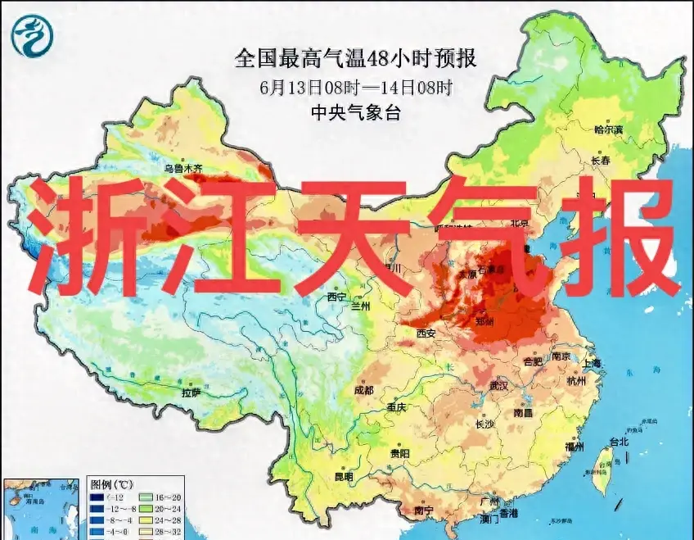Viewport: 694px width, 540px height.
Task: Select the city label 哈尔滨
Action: click(608, 129)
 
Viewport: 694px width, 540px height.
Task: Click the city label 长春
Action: click(600, 161)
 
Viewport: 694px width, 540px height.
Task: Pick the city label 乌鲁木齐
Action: click(183, 169)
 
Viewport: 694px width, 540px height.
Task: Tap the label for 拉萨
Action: click(191, 393)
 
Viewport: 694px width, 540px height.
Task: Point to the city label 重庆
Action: click(397, 407)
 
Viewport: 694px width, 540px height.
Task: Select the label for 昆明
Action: click(343, 477)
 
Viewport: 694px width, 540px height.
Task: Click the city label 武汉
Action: click(498, 385)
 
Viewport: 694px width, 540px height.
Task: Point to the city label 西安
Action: click(426, 334)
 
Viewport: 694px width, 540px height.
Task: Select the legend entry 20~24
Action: click(162, 508)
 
